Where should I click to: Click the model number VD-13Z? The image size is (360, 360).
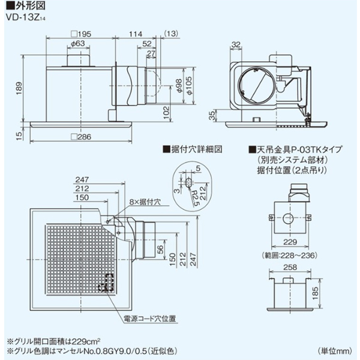24,17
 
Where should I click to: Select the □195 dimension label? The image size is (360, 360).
80,35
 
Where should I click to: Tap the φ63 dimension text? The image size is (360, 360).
76,44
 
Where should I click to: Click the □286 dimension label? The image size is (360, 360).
80,137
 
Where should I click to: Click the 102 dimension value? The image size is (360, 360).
164,110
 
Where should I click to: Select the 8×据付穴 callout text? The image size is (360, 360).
133,203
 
